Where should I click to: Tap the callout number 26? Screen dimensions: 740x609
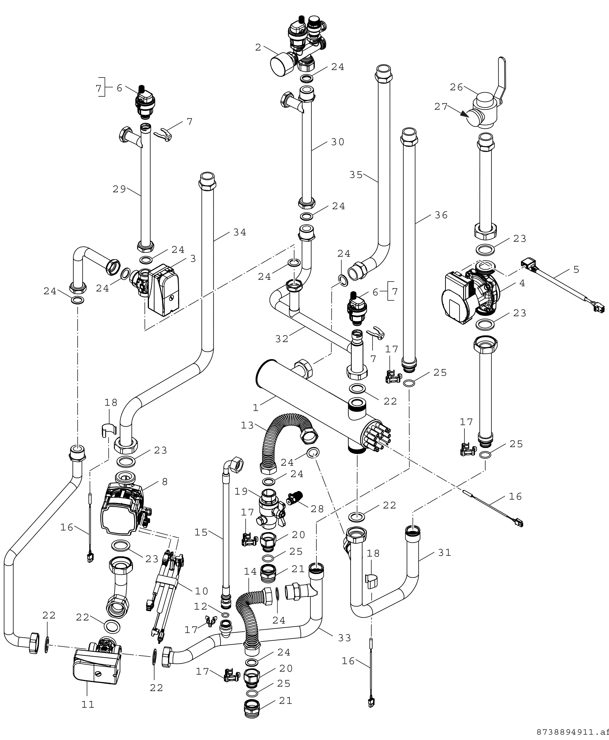click(456, 87)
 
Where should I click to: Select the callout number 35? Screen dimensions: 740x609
click(356, 175)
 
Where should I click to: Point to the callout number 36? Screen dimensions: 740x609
click(441, 215)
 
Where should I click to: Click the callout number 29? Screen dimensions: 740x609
click(119, 189)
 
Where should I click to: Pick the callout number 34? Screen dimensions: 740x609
click(240, 232)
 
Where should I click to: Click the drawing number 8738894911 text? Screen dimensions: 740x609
click(572, 732)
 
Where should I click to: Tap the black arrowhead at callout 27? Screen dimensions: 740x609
click(465, 114)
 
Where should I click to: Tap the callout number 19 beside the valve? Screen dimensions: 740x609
click(241, 492)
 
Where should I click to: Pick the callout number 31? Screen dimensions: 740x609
click(445, 553)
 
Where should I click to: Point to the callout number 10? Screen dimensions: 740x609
click(201, 591)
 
